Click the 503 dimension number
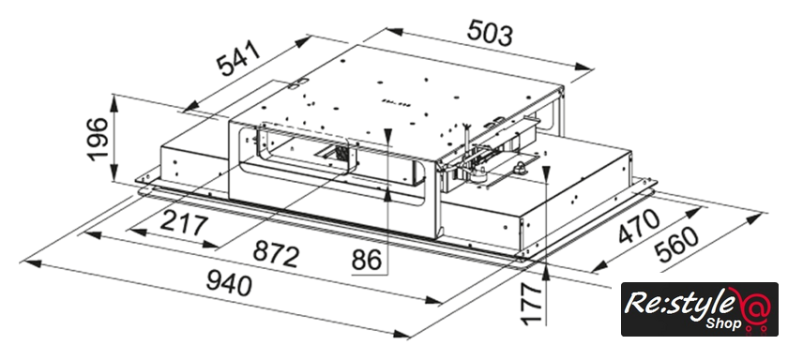(x=490, y=34)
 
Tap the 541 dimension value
(x=240, y=58)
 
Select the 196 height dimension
(x=97, y=139)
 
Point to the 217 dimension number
(x=184, y=225)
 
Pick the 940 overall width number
(x=229, y=284)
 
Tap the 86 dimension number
(x=367, y=261)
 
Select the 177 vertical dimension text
(x=531, y=303)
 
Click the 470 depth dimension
(x=638, y=227)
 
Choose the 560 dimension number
(x=677, y=246)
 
